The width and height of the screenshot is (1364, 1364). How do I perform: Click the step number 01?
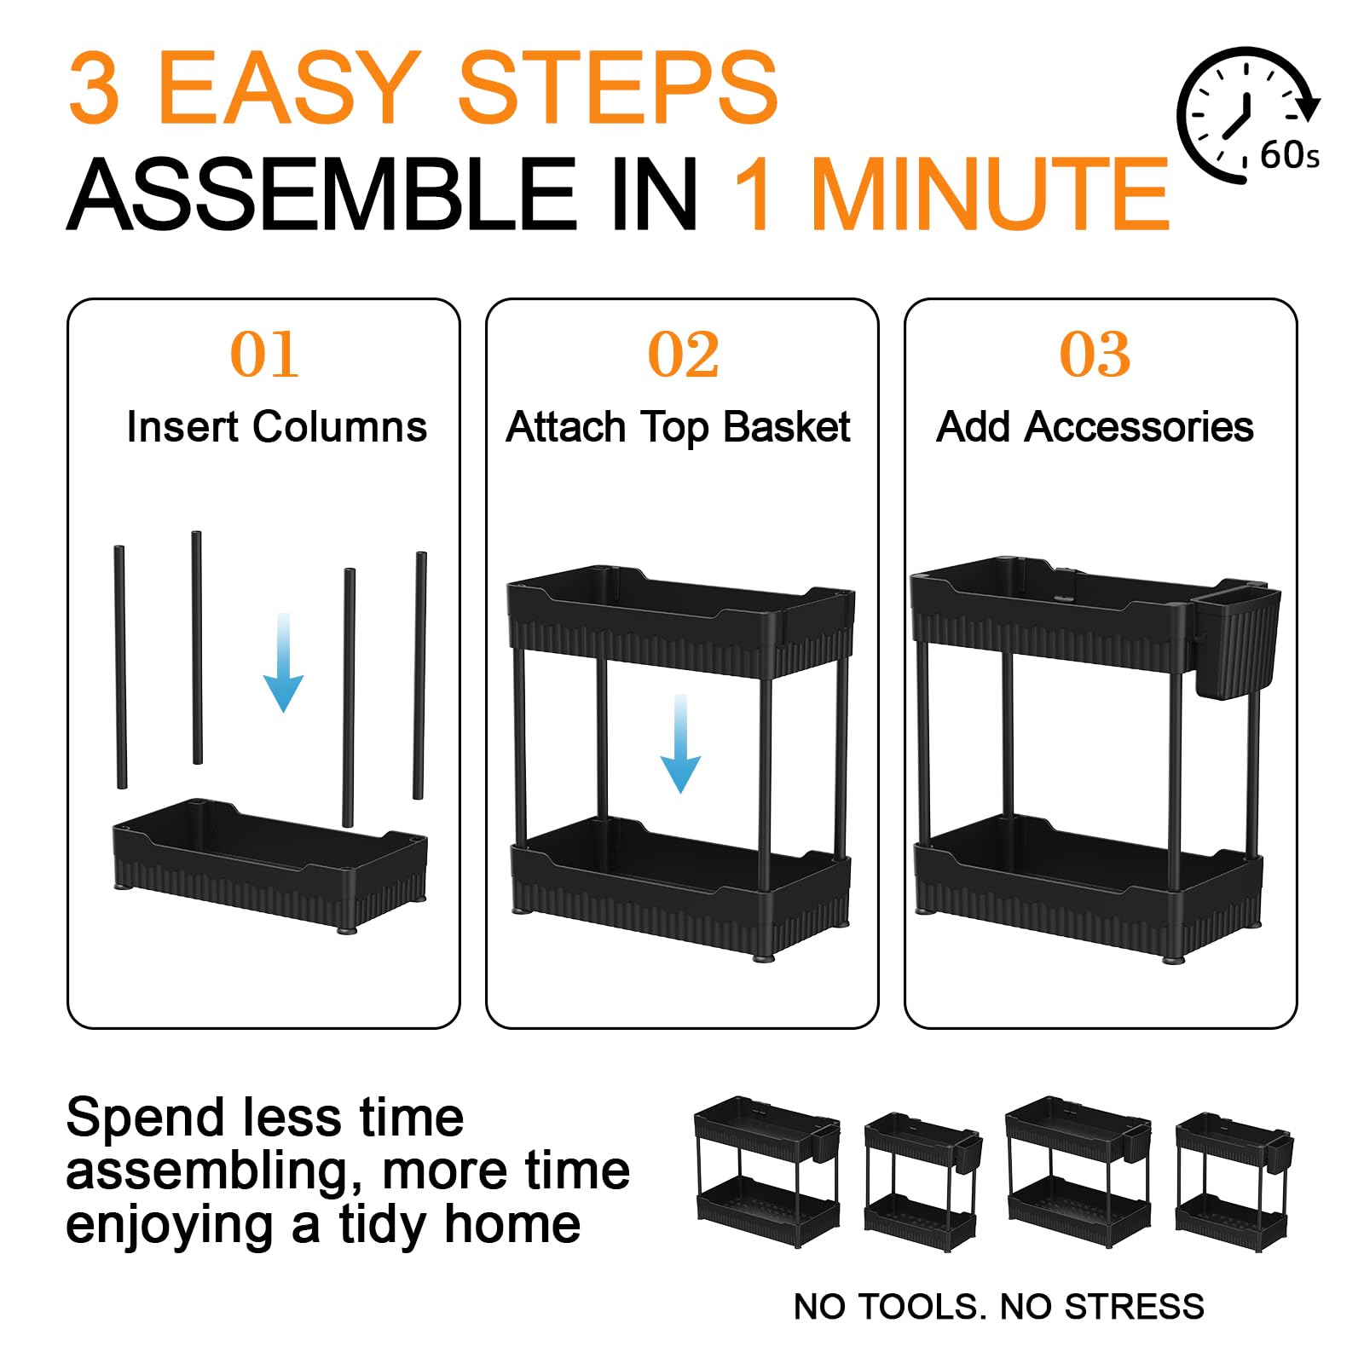click(x=264, y=354)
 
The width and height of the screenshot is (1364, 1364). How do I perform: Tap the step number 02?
click(x=683, y=354)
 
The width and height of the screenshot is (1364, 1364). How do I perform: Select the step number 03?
click(x=1095, y=354)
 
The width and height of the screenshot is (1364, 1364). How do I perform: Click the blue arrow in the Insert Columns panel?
click(x=283, y=662)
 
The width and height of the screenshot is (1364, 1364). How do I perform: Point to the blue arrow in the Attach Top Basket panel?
click(x=680, y=743)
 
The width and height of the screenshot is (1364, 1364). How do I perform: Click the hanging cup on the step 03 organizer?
click(x=1234, y=639)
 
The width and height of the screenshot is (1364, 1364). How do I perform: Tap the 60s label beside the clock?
click(x=1290, y=155)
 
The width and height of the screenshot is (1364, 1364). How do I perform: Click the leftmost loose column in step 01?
click(x=120, y=668)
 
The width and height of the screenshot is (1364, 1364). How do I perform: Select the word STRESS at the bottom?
click(x=1135, y=1307)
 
